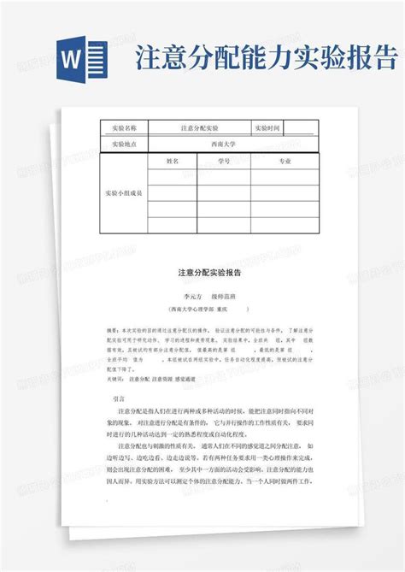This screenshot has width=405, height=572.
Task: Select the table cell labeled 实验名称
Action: pos(124,128)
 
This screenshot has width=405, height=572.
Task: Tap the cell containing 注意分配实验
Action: pos(199,128)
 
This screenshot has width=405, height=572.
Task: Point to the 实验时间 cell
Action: pos(267,128)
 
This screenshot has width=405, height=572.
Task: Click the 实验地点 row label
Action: pos(124,144)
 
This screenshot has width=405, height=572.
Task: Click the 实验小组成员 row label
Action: pos(124,193)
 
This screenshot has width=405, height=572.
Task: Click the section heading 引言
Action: pos(119,398)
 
